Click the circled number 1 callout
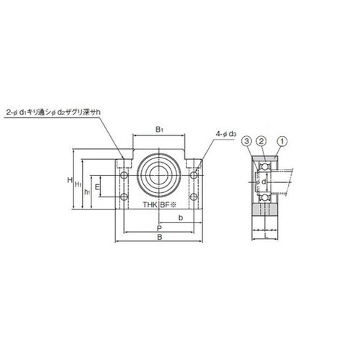(x=282, y=141)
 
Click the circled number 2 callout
(x=261, y=141)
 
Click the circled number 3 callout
(x=247, y=141)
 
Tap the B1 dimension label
(x=159, y=130)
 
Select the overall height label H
(x=70, y=180)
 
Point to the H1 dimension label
(x=78, y=184)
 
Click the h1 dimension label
(x=87, y=192)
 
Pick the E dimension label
(x=97, y=186)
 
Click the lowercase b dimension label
(x=181, y=217)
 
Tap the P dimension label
(x=159, y=228)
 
